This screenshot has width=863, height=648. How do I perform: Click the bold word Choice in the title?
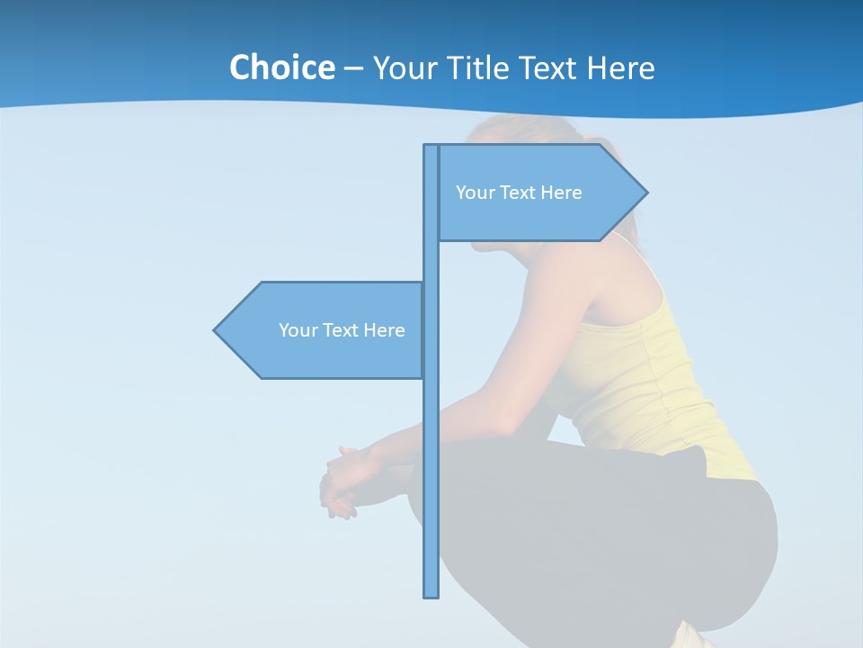pyautogui.click(x=281, y=67)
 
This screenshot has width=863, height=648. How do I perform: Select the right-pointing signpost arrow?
pyautogui.click(x=539, y=193)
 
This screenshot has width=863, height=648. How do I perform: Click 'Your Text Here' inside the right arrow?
pyautogui.click(x=519, y=193)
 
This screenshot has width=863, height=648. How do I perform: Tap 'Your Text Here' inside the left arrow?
pyautogui.click(x=342, y=330)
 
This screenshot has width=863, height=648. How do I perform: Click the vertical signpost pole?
pyautogui.click(x=431, y=450)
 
